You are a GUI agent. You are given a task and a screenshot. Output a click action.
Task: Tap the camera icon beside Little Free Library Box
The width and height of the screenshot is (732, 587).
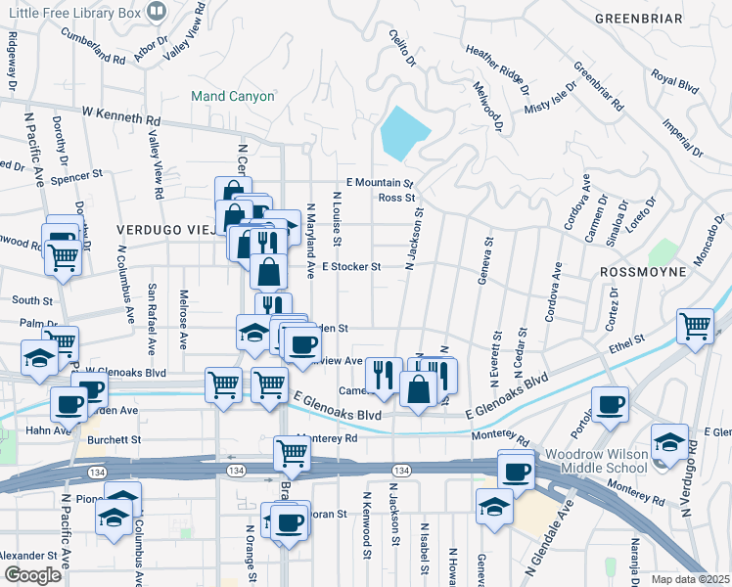pos(155,11)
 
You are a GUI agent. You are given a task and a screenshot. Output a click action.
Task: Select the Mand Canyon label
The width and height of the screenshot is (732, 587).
pos(233,97)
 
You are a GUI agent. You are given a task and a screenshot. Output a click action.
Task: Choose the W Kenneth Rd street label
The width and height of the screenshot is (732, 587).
pos(122,116)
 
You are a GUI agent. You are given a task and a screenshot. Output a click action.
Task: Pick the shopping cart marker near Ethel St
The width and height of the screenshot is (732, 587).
pos(695,325)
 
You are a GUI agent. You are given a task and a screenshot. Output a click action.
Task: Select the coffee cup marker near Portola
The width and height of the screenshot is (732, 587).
pos(611,402)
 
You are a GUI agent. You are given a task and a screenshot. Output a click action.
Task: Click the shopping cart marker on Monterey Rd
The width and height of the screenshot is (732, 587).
pos(293,451)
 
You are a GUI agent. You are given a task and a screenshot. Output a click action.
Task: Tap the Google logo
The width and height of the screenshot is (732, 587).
pos(33,575)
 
